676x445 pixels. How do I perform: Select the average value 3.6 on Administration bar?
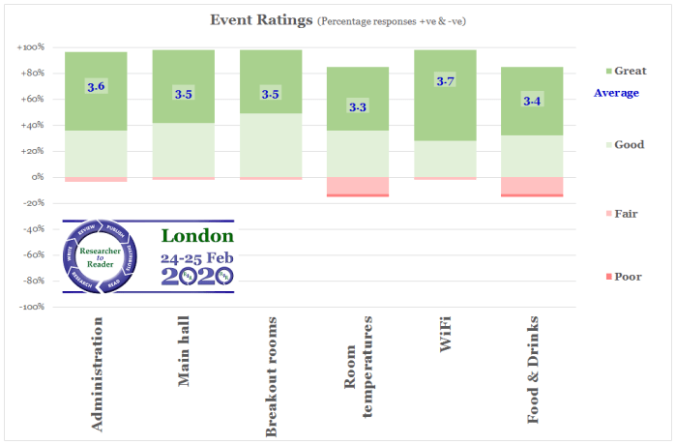pos(96,87)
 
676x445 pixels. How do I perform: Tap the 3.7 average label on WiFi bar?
pos(445,81)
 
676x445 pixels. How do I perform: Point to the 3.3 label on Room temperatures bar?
pos(357,106)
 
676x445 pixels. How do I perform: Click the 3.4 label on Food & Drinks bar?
pos(531,100)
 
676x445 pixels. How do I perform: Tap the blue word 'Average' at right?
pos(616,93)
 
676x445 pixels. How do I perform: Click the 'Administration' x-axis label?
pos(96,371)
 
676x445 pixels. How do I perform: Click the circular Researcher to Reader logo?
pos(102,256)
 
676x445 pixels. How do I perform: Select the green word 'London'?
pos(196,235)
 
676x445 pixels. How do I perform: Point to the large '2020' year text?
pos(196,276)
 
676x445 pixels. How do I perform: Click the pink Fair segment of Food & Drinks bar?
pos(531,186)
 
